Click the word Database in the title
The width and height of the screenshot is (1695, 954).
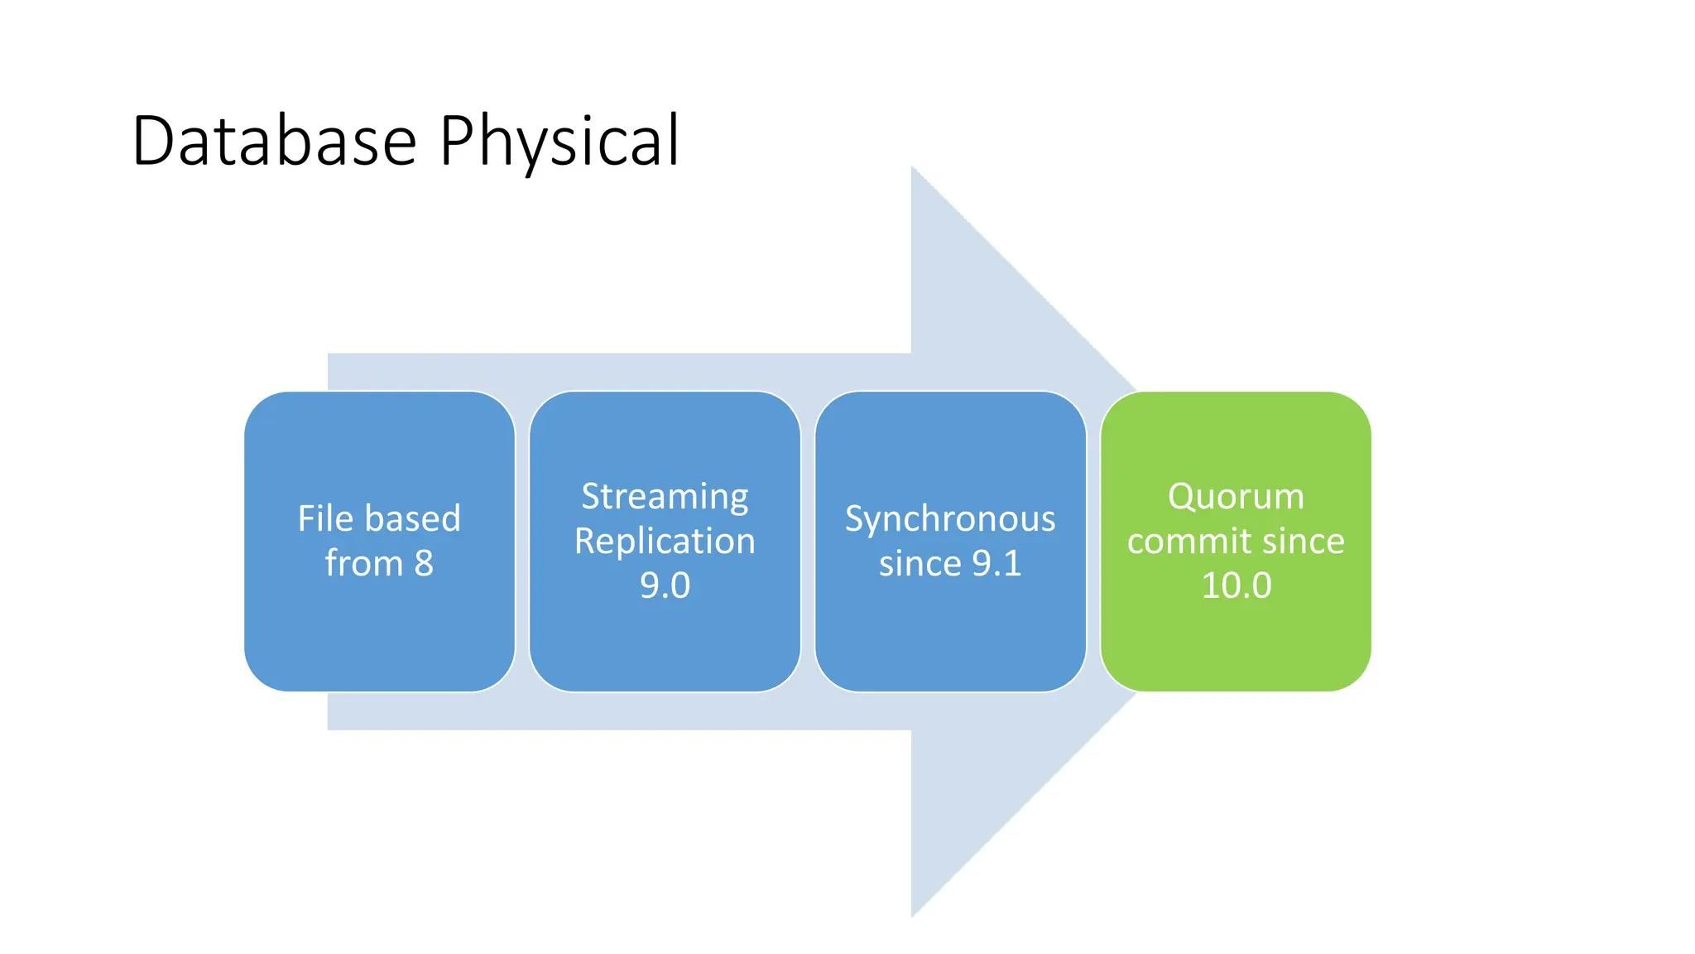tap(273, 141)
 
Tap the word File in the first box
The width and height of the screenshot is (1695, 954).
tap(325, 519)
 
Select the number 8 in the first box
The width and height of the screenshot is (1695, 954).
tap(423, 564)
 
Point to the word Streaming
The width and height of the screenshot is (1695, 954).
tap(665, 497)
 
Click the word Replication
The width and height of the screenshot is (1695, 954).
tap(665, 542)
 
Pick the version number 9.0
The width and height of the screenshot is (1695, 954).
tap(665, 586)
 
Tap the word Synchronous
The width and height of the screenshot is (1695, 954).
tap(950, 519)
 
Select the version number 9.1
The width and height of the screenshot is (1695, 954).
tap(996, 564)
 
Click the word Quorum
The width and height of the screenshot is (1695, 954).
tap(1236, 497)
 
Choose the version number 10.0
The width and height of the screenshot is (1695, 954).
tap(1236, 586)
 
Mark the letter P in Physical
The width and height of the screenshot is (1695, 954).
tap(454, 141)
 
